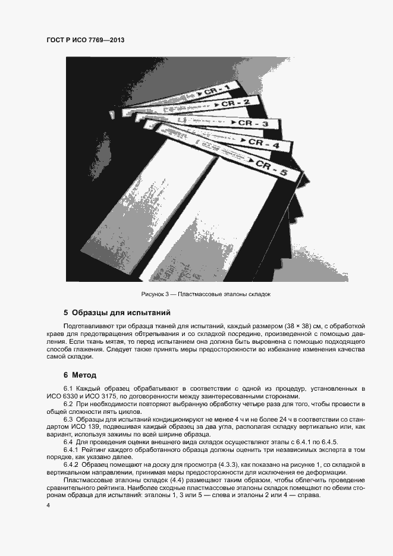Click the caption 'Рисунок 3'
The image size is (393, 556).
point(155,295)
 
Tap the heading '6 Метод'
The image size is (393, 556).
point(76,375)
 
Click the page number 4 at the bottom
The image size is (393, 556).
point(48,505)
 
